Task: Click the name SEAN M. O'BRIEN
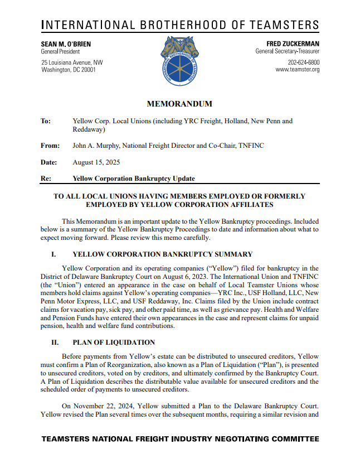tap(66, 44)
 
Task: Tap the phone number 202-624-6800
tap(304, 62)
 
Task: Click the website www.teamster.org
tap(298, 70)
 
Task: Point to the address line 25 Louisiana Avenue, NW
tap(72, 62)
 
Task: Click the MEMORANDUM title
tap(179, 104)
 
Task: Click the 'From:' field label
tap(50, 146)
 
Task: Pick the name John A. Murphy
tap(98, 146)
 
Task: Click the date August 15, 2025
tap(96, 162)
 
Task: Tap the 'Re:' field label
tap(46, 178)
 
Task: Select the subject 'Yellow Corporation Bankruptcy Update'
tap(134, 178)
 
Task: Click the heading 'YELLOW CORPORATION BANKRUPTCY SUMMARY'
tap(162, 254)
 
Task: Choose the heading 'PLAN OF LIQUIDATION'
tap(114, 342)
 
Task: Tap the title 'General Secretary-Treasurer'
tap(288, 52)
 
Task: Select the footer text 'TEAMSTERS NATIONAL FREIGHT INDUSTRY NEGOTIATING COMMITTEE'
tap(180, 440)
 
